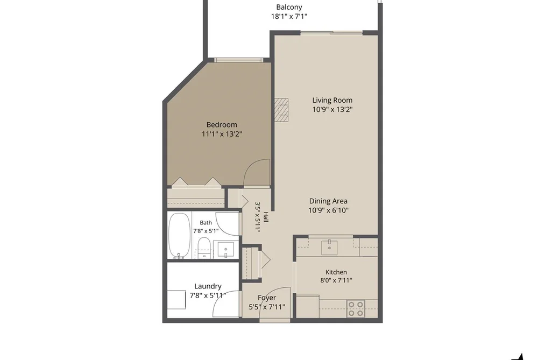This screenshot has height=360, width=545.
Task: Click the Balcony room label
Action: point(289,7)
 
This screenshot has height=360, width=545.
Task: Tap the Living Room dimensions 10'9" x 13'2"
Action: point(332,109)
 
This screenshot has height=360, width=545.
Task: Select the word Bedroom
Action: point(222,125)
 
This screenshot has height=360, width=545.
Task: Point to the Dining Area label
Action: point(328,201)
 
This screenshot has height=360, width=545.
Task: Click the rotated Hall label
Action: point(266,217)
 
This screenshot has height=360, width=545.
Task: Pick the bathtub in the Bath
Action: point(179,236)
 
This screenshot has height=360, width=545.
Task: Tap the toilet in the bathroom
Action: point(204,248)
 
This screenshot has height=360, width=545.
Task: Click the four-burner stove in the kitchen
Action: point(356,308)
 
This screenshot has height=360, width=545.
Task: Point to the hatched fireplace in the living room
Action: point(281,109)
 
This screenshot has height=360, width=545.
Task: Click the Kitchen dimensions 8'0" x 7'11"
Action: point(336,280)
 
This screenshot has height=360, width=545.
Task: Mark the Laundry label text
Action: point(208,286)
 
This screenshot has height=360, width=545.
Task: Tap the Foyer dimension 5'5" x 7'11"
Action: point(267,307)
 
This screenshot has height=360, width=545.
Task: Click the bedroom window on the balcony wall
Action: point(238,60)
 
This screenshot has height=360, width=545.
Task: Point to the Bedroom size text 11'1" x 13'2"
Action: point(222,134)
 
